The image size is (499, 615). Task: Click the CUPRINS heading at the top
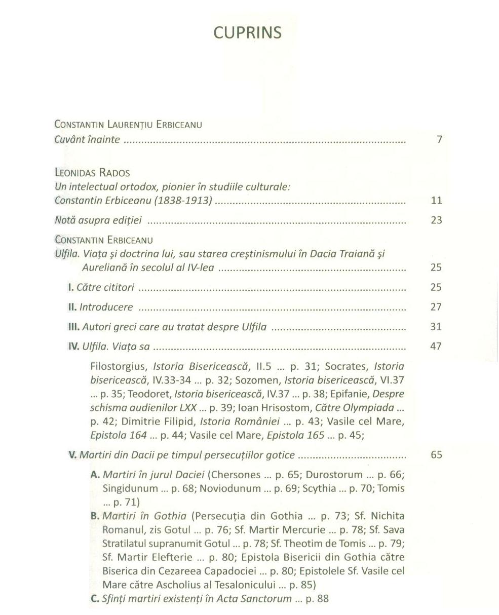tap(247, 32)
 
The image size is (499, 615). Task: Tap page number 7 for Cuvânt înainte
tap(439, 139)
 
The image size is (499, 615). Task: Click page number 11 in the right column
tap(436, 200)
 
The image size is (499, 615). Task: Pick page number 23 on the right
tap(436, 220)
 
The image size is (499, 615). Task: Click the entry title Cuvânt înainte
tap(87, 139)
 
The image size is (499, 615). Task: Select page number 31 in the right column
tap(436, 327)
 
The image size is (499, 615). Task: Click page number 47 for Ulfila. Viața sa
tap(436, 347)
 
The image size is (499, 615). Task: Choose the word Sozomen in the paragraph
tap(261, 379)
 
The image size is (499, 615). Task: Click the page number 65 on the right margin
tap(436, 454)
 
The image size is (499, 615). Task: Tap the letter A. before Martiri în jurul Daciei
tap(95, 475)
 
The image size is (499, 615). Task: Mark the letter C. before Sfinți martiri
tap(95, 599)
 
